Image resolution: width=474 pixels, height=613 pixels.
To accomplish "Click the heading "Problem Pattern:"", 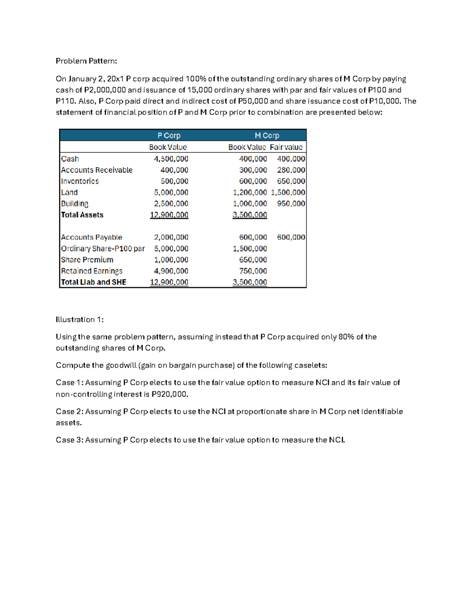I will [x=86, y=61].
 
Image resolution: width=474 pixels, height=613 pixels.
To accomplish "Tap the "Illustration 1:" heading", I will [x=79, y=319].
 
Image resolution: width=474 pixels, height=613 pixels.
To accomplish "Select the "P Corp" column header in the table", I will [x=169, y=135].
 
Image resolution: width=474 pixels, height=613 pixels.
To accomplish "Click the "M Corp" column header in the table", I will [x=267, y=135].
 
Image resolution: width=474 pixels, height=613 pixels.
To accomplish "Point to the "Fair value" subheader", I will [x=286, y=147].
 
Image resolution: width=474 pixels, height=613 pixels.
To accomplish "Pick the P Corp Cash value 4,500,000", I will [x=171, y=159].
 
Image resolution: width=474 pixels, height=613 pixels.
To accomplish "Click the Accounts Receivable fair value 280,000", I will [x=291, y=170].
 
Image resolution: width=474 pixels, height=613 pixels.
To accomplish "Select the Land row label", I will [x=70, y=192].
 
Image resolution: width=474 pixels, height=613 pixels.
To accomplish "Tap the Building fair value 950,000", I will [x=291, y=204].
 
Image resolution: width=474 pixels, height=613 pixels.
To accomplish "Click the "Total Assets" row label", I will [x=82, y=215].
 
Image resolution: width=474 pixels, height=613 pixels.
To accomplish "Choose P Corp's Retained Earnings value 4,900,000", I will [x=171, y=271].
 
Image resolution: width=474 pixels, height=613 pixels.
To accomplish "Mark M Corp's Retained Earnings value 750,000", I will [x=253, y=271].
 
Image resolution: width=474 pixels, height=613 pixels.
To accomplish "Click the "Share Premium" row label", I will [x=87, y=260].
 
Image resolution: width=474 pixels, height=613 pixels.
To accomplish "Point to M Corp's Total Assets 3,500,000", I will [x=250, y=215].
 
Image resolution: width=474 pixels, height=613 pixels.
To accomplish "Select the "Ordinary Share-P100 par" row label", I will [x=103, y=249].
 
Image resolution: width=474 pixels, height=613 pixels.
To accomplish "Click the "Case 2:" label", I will [x=70, y=411].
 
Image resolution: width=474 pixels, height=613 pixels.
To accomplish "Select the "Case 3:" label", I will [x=70, y=440].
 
